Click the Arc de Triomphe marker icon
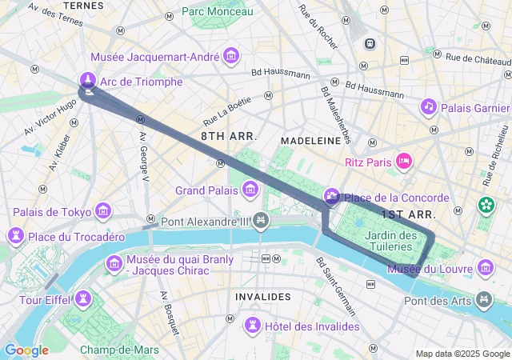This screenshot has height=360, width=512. coord(88,81)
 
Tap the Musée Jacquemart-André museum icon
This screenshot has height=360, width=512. coord(232,57)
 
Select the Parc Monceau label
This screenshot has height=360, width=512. coord(217,11)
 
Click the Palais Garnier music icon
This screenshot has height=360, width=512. coord(428,107)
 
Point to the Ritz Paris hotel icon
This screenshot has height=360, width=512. coord(404,162)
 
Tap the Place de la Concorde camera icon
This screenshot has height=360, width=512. coord(331,197)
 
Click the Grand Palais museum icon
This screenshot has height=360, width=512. coord(250,190)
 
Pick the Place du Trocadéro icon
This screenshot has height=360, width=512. coord(15,237)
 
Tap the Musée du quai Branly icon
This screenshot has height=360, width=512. coord(114,263)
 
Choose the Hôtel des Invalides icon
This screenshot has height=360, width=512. coord(253,326)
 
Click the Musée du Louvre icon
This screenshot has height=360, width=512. coord(485,269)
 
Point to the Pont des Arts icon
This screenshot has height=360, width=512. coord(484,300)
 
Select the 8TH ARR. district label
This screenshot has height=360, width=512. coord(229,137)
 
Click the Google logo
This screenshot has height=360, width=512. coord(26,350)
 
